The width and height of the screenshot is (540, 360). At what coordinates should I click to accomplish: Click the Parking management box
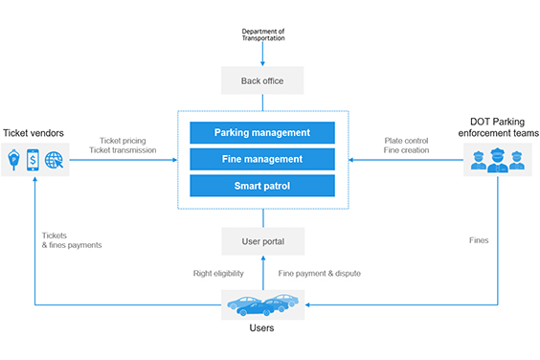(x=261, y=132)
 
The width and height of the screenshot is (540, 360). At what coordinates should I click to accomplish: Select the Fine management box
(x=261, y=159)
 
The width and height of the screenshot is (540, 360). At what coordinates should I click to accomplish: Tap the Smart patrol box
(x=261, y=186)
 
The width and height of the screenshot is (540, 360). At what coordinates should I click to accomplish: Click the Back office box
(x=262, y=80)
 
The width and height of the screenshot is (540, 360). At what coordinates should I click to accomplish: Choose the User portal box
(x=262, y=240)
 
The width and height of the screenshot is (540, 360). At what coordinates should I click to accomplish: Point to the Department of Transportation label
(x=262, y=35)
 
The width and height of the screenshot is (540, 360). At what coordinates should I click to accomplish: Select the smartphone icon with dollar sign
(x=34, y=159)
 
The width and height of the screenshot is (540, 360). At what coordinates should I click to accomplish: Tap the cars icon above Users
(x=261, y=304)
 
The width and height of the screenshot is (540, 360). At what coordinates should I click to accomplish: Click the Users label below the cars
(x=261, y=328)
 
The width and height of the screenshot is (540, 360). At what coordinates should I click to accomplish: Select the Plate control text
(x=406, y=140)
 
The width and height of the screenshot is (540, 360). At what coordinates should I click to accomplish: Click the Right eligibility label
(x=218, y=274)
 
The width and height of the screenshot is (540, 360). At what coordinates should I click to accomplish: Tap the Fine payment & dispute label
(x=319, y=274)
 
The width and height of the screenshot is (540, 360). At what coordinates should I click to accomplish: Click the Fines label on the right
(x=479, y=240)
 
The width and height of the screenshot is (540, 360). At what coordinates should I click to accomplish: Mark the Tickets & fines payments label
(x=72, y=240)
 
